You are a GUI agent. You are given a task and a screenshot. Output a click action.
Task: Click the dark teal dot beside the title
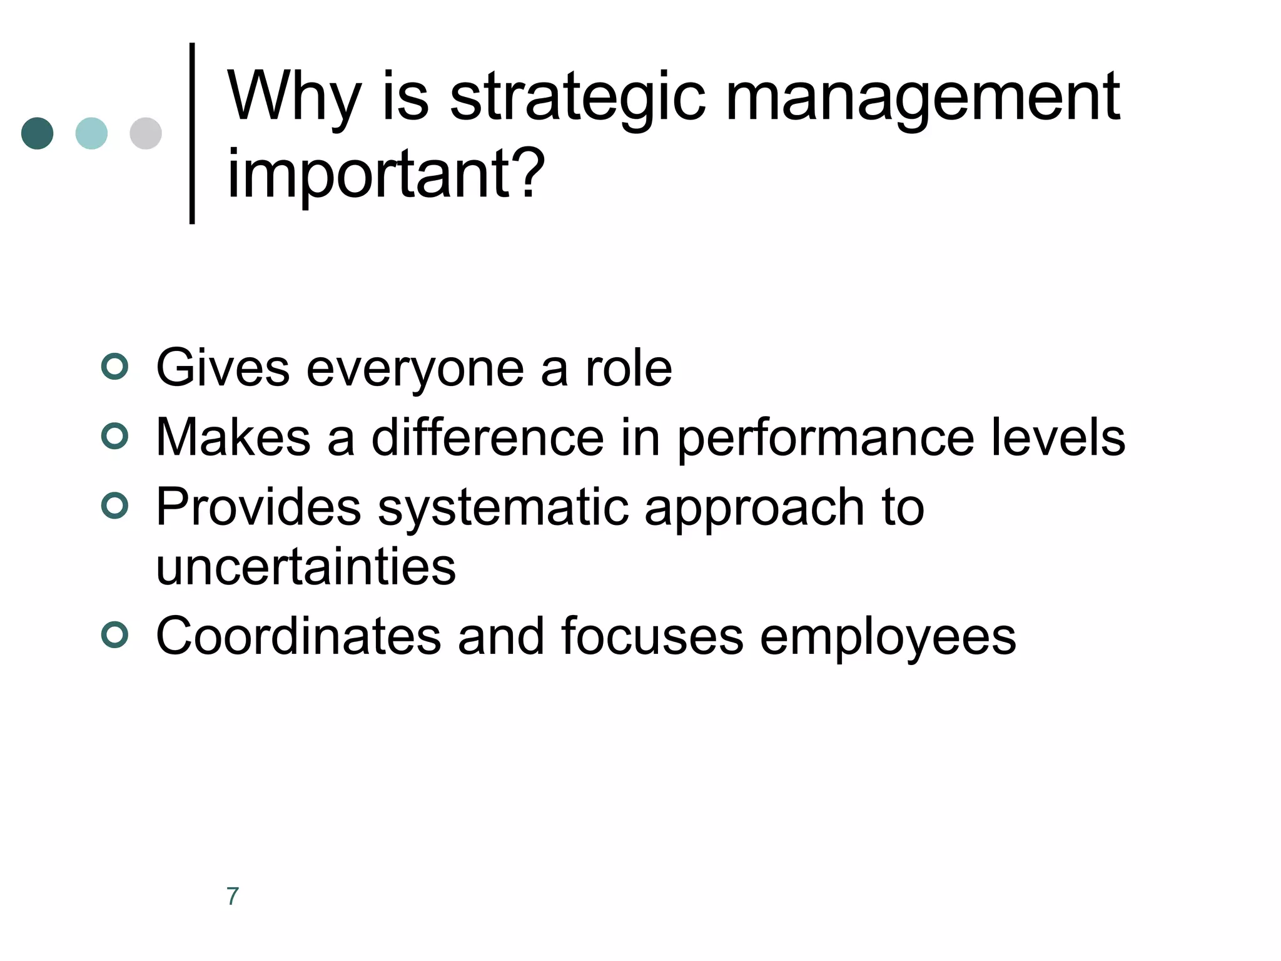coord(37,133)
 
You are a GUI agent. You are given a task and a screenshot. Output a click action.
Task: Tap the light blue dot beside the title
coord(91,133)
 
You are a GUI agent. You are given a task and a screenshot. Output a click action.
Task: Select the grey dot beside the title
coord(146,133)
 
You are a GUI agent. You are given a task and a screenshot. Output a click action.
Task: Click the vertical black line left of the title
coord(192,133)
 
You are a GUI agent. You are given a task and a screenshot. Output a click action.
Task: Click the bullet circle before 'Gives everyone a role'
coord(114,366)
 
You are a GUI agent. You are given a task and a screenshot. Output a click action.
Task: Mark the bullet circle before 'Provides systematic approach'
coord(114,505)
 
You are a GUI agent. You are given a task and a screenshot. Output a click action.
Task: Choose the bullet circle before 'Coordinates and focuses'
coord(114,635)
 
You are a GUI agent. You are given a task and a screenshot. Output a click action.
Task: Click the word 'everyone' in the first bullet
coord(415,369)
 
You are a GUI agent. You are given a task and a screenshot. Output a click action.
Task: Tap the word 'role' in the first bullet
coord(628,369)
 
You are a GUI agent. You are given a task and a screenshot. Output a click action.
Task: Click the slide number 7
coord(233,896)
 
